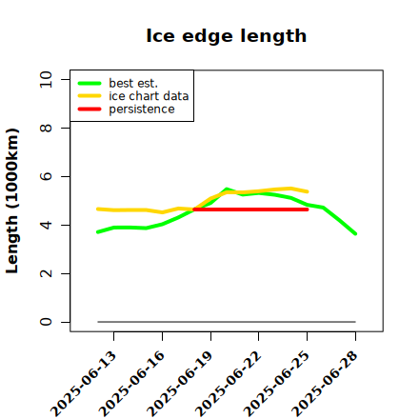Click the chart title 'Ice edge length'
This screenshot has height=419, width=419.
(x=227, y=36)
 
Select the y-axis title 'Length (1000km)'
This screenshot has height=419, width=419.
(x=12, y=201)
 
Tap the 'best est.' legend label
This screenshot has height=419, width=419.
(x=133, y=83)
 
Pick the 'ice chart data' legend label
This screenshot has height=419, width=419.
(x=149, y=96)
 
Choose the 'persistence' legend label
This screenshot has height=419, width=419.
(x=142, y=110)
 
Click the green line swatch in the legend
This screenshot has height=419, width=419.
(x=90, y=83)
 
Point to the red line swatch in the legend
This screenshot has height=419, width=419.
(x=90, y=110)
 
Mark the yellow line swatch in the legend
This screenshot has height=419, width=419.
(x=90, y=96)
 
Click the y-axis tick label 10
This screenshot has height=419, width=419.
(x=46, y=79)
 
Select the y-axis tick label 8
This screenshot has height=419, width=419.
(x=46, y=128)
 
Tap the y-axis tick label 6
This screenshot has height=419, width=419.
(x=46, y=176)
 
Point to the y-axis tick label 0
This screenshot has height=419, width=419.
(x=46, y=322)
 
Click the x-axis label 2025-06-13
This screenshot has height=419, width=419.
(x=84, y=384)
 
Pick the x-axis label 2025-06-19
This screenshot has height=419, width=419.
(x=180, y=384)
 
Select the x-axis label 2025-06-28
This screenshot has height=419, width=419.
(x=325, y=384)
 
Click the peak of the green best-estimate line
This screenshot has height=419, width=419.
(x=227, y=189)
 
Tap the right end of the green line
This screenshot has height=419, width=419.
(x=355, y=234)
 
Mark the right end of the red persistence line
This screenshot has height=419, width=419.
(x=308, y=209)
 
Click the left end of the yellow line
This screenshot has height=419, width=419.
(x=97, y=209)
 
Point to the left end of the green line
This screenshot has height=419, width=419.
(x=97, y=232)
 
